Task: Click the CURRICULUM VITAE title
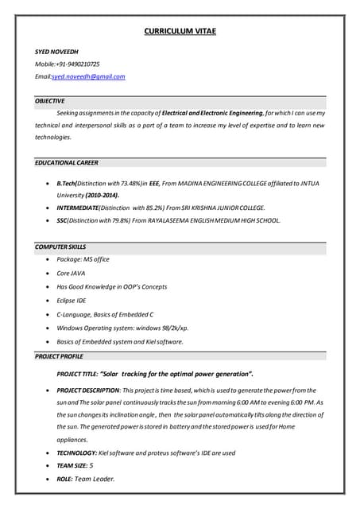[180, 31]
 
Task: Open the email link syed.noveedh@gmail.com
[88, 76]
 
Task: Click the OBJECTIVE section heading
[50, 101]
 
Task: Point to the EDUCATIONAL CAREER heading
[67, 162]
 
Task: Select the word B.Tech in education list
[68, 184]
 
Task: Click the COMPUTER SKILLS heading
[60, 247]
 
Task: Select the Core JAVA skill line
[71, 273]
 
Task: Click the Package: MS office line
[83, 259]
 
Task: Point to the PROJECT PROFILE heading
[59, 356]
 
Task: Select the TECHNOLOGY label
[77, 453]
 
